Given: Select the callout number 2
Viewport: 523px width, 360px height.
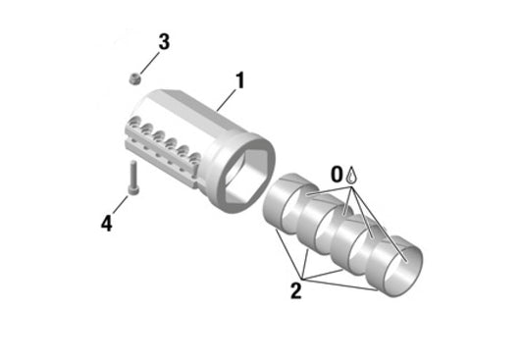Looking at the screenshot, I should click(x=295, y=289).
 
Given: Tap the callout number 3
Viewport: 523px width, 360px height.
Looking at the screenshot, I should click(x=164, y=41).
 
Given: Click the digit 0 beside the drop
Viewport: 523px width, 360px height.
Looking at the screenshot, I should click(x=337, y=174).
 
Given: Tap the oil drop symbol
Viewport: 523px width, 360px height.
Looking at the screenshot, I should click(x=352, y=174).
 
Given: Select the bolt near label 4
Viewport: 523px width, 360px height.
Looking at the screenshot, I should click(x=131, y=177).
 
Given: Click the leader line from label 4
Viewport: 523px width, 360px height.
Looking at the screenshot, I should click(x=120, y=207).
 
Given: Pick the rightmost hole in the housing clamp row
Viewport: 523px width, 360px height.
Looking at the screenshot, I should click(x=195, y=158).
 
